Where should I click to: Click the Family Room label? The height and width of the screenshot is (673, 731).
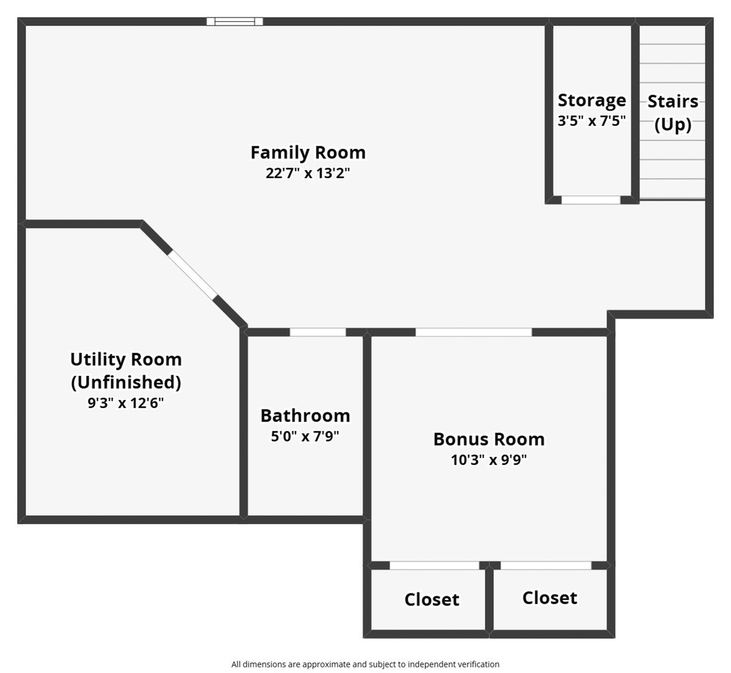tap(308, 153)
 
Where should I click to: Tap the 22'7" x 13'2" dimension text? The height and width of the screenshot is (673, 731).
tap(308, 173)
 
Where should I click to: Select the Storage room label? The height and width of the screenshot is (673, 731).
tap(591, 101)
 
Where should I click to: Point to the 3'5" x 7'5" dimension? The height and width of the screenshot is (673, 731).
tap(591, 121)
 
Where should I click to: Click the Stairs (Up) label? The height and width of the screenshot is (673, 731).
tap(672, 113)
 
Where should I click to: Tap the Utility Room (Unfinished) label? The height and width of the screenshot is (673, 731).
tap(126, 371)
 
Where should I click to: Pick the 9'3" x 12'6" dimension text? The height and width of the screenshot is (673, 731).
tap(126, 403)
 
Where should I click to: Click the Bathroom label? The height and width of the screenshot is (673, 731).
tap(305, 415)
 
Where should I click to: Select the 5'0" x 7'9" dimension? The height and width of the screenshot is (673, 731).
tap(305, 436)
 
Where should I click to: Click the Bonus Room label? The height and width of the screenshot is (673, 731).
tap(489, 439)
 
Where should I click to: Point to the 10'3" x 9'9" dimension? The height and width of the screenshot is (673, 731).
tap(489, 460)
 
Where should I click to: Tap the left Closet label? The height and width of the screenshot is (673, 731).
tap(432, 599)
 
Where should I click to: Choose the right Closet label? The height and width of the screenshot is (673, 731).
tap(550, 598)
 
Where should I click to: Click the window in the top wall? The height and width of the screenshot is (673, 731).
tap(235, 21)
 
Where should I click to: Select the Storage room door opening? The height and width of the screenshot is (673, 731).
tap(591, 200)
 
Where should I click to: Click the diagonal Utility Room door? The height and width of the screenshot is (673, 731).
tap(193, 275)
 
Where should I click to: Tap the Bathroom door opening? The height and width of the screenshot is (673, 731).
tap(318, 332)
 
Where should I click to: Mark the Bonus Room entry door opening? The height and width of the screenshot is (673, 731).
tap(474, 332)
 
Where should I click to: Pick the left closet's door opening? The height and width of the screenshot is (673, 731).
tap(434, 565)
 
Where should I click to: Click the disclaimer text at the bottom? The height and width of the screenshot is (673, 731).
tap(365, 664)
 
